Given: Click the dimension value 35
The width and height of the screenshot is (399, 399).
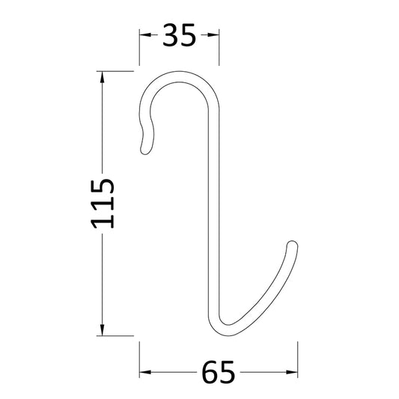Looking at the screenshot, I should click(180, 35).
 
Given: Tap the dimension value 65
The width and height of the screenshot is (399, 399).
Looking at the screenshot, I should click(219, 371).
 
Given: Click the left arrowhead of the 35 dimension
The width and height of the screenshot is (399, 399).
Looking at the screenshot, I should click(144, 35).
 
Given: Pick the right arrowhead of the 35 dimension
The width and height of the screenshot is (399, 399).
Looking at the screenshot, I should click(215, 35).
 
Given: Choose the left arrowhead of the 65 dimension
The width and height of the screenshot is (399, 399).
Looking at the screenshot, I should click(144, 371).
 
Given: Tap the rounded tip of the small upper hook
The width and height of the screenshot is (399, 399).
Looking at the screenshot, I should click(144, 150).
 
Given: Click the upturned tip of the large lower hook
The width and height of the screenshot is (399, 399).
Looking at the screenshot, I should click(293, 244).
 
